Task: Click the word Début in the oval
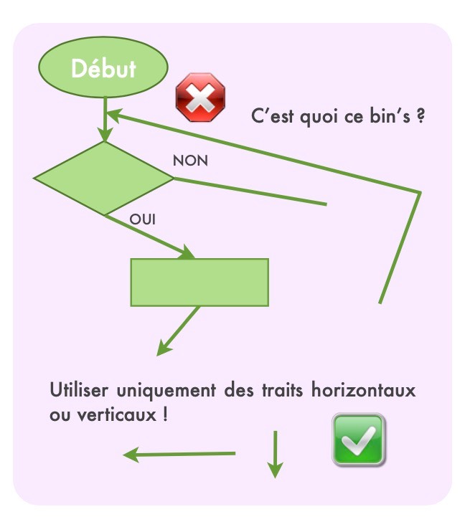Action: (x=103, y=69)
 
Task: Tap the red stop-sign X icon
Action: (x=200, y=98)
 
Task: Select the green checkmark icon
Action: (x=358, y=440)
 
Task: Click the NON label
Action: (x=190, y=161)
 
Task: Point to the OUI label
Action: (x=142, y=219)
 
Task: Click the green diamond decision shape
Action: (x=103, y=179)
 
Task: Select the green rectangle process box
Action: (x=199, y=283)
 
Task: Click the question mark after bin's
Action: (x=421, y=115)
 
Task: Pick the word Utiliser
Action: (x=79, y=390)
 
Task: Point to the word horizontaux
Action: (x=363, y=389)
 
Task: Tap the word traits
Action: (x=283, y=390)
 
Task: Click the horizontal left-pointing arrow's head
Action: (x=131, y=455)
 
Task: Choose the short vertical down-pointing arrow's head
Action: (x=276, y=470)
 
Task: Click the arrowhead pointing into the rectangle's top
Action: (x=187, y=252)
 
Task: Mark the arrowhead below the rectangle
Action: (x=164, y=348)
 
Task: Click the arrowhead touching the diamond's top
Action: (x=105, y=135)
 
